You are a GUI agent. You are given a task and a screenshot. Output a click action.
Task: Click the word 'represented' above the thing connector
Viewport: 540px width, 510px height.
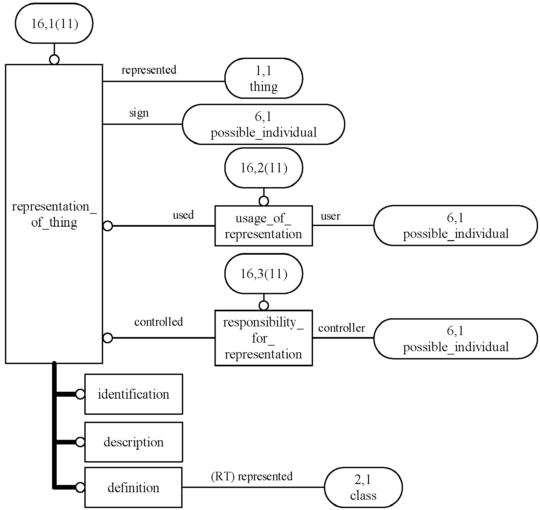tap(149, 70)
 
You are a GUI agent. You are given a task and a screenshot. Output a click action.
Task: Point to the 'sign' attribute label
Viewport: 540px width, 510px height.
tap(139, 113)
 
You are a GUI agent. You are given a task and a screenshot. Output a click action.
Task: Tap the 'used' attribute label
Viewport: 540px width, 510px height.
tap(183, 215)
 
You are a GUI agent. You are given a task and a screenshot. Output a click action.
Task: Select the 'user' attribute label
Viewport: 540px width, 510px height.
tap(330, 216)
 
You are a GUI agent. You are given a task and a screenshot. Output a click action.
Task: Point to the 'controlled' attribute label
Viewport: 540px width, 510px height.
tap(158, 322)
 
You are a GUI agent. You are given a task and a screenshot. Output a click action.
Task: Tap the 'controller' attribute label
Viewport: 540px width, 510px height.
tap(342, 328)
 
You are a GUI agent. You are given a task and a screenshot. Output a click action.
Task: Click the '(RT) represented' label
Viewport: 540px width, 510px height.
tap(252, 476)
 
